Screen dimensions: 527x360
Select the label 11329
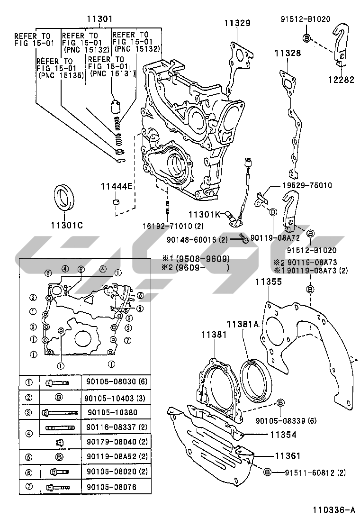pos(237,22)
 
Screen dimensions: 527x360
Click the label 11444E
pos(116,186)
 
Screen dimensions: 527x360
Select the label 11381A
pos(242,324)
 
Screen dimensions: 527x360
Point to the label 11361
pos(288,455)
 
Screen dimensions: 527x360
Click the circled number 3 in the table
pos(29,412)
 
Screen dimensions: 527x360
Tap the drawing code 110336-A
pos(333,510)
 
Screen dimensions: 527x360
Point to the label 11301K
pos(205,214)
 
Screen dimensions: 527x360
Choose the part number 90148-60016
pos(204,240)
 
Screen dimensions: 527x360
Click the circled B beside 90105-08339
pos(280,403)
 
